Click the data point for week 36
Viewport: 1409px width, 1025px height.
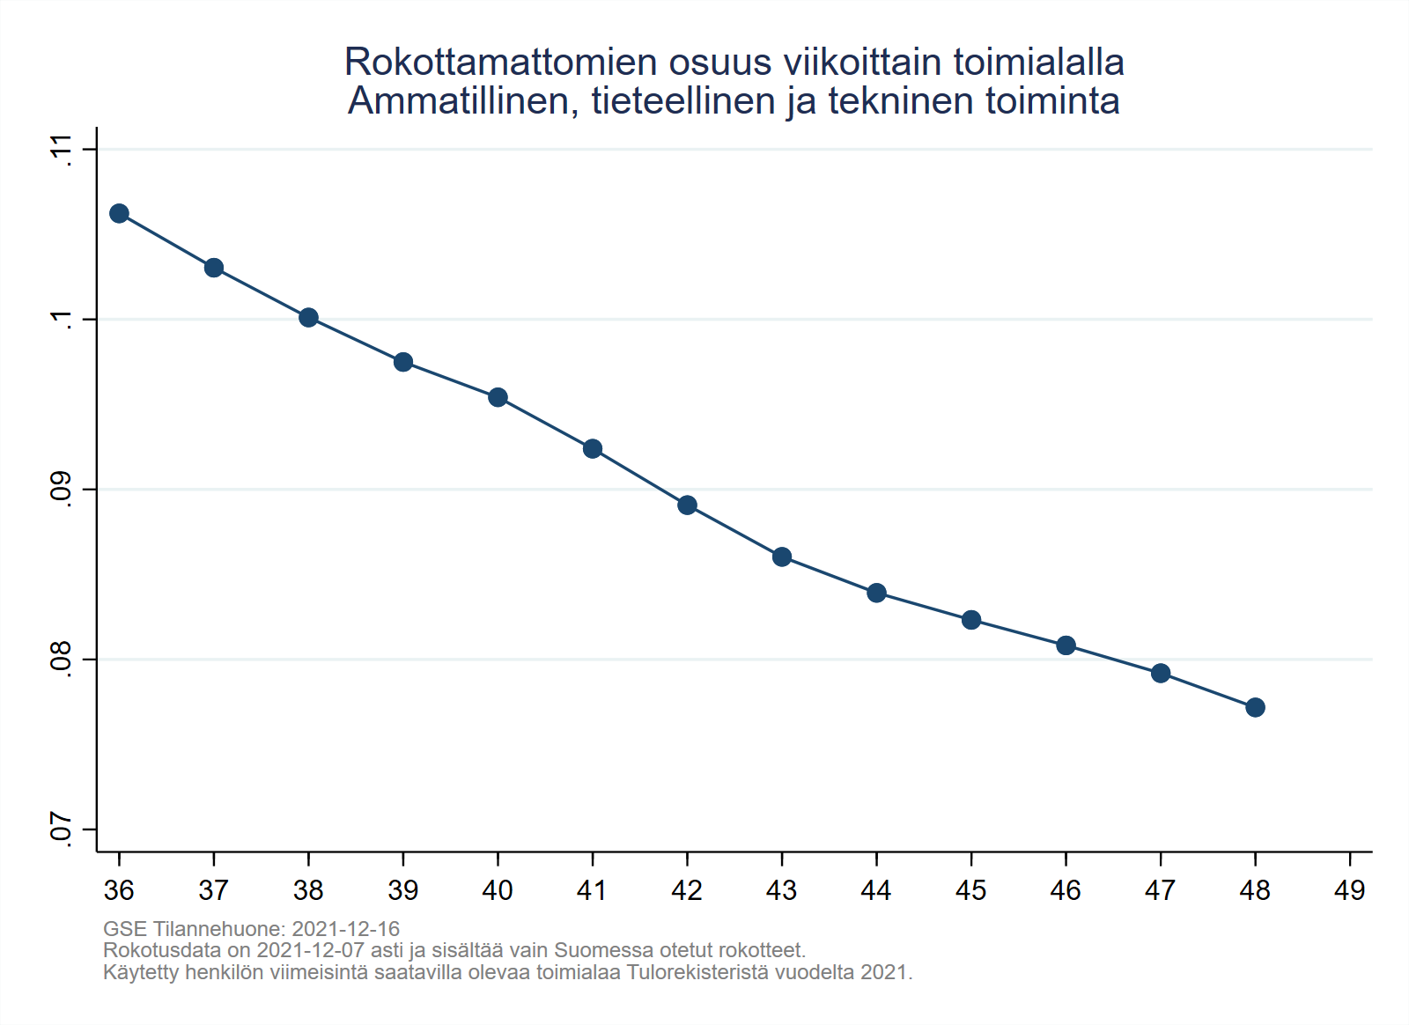(x=119, y=213)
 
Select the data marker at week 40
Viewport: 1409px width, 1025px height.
(x=498, y=397)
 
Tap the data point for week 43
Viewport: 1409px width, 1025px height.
(x=782, y=557)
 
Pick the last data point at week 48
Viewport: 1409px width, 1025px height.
(x=1255, y=707)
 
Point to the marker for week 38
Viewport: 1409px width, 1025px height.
(x=308, y=317)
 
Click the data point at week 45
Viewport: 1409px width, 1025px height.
(x=971, y=620)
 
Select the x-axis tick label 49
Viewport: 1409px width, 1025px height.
(x=1349, y=890)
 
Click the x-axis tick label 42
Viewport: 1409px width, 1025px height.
(x=687, y=890)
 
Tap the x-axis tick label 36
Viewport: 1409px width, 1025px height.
(x=119, y=890)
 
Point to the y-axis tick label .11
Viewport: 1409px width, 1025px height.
(x=60, y=149)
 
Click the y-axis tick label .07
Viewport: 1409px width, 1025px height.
(x=60, y=829)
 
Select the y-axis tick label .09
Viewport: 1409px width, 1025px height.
(x=60, y=489)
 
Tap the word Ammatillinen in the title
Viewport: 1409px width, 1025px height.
(x=463, y=101)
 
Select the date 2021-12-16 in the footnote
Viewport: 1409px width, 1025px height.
(x=345, y=929)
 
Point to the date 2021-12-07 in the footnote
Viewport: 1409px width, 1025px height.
(x=310, y=951)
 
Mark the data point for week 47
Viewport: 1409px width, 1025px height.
(x=1161, y=674)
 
